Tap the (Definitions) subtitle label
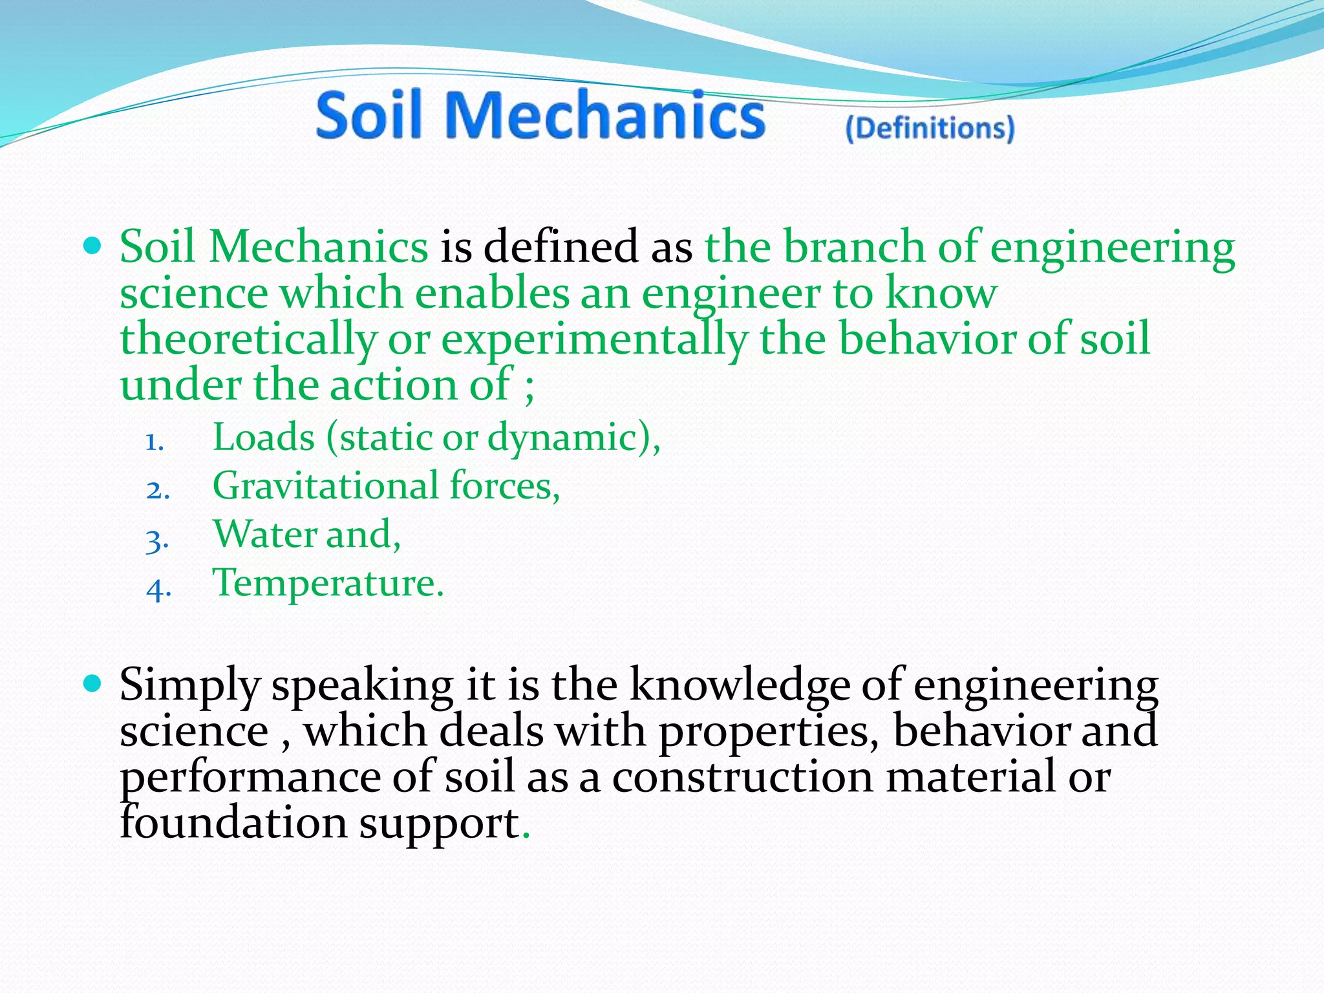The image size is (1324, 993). coord(930,128)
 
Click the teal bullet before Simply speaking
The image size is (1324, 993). coord(94,683)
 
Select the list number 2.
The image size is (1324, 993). coord(157,491)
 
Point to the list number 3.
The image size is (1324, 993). coord(157,540)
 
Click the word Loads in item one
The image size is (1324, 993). coord(263,438)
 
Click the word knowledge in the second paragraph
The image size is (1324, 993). coord(739,685)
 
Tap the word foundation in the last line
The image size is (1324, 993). coord(233,824)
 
